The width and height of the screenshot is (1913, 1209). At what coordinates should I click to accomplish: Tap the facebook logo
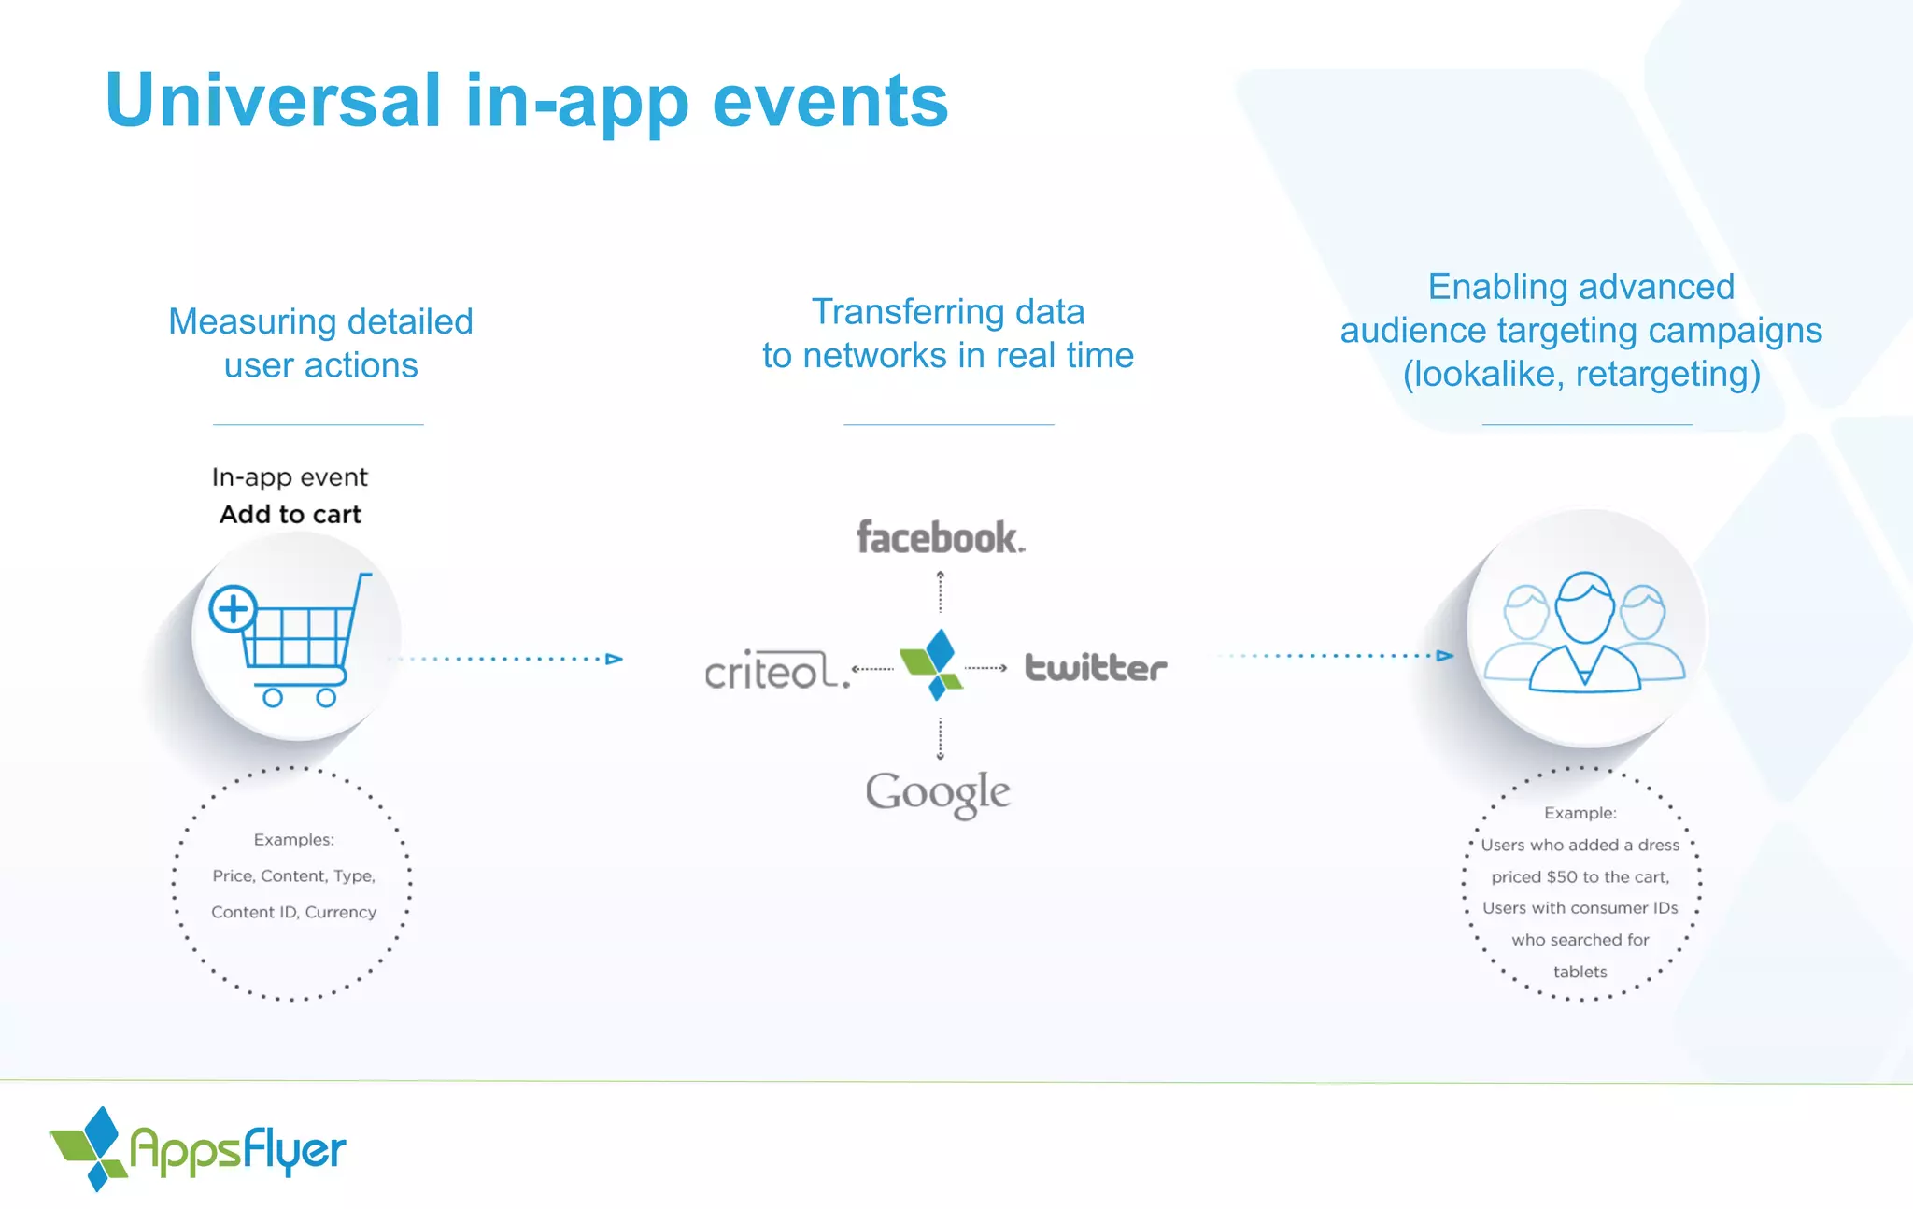point(940,538)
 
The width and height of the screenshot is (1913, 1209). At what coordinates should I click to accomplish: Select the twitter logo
point(1096,668)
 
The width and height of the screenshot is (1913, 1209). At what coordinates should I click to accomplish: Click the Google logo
point(938,793)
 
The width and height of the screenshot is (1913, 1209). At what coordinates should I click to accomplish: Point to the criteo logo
point(776,671)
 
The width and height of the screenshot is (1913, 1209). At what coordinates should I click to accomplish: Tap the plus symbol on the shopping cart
point(233,609)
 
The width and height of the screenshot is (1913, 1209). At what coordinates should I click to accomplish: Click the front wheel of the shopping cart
point(326,698)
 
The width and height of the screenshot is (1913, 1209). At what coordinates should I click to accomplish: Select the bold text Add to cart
point(290,515)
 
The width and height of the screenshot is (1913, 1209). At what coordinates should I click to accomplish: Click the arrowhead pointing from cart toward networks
point(614,659)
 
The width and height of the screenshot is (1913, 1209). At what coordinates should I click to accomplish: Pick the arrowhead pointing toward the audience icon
point(1445,656)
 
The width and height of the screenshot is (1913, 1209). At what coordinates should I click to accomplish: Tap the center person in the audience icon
point(1584,635)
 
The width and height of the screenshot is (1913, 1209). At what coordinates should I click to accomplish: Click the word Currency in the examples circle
point(341,912)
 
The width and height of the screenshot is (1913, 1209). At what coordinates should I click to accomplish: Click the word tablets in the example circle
point(1580,972)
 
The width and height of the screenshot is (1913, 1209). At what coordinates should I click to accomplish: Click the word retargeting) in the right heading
point(1667,374)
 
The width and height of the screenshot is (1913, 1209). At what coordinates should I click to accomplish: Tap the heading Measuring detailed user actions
point(320,343)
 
